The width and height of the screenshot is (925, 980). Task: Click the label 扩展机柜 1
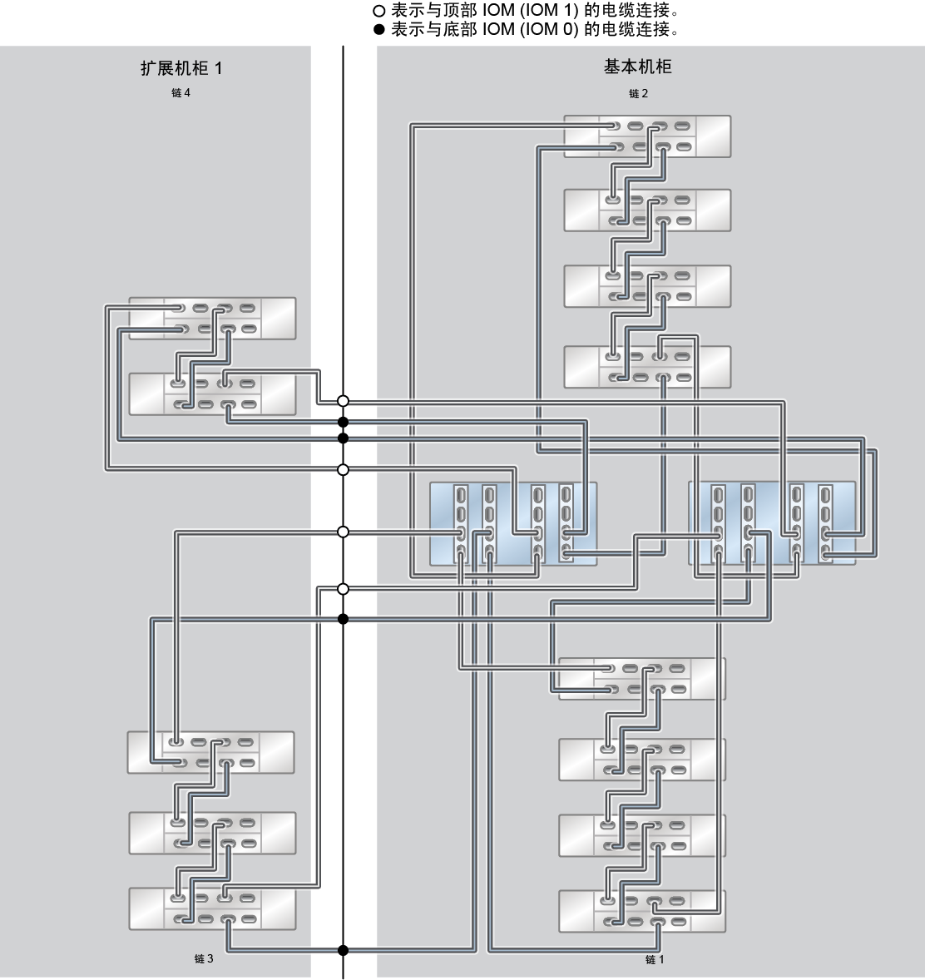coord(181,68)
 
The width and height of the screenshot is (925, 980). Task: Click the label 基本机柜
coord(637,67)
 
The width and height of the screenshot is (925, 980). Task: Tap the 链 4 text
coord(181,92)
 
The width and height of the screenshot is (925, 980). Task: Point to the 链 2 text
coord(638,93)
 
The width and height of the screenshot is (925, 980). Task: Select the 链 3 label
coord(204,958)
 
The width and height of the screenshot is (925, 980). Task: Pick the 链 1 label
coord(655,958)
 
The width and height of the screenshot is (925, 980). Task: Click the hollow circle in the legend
coord(378,11)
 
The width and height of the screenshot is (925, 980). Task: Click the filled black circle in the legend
coord(378,29)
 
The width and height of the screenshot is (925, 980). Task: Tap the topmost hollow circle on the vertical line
coord(343,401)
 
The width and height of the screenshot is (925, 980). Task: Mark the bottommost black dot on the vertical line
coord(343,951)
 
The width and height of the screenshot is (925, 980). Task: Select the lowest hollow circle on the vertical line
coord(343,589)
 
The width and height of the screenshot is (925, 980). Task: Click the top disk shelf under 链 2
coord(647,136)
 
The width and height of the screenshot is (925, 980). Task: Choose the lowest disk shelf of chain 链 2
coord(647,367)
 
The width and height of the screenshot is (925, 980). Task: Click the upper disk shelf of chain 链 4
coord(212,318)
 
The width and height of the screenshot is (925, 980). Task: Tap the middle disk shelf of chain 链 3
coord(212,833)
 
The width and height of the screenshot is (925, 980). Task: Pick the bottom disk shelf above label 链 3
coord(212,908)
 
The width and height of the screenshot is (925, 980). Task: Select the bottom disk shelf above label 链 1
coord(642,911)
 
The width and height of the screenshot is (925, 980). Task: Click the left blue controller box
coord(513,524)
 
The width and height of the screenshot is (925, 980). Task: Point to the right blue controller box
coord(772,523)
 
